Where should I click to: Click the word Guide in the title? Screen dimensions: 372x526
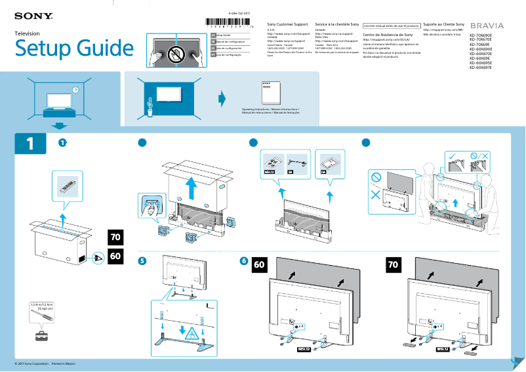100,49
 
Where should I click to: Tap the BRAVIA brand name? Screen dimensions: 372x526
487,26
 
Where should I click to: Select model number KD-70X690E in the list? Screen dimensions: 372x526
481,35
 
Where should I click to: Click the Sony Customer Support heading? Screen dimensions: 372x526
287,24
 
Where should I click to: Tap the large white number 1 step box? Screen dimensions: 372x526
30,144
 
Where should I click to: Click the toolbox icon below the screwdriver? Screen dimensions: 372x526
42,337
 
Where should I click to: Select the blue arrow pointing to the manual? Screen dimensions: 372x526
222,99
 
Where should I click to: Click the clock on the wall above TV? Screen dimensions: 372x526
75,90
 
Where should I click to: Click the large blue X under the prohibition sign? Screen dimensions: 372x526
376,195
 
